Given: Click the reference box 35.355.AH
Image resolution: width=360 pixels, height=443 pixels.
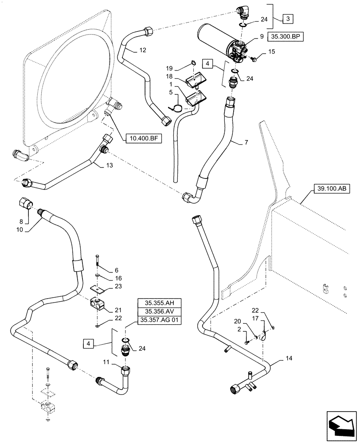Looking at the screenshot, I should (x=160, y=303).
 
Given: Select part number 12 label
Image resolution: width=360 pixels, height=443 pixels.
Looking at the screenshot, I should (x=142, y=51).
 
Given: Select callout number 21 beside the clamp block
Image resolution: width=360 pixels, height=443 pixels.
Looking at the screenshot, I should (x=118, y=310).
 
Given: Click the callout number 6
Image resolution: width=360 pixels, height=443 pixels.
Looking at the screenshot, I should (x=117, y=270).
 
